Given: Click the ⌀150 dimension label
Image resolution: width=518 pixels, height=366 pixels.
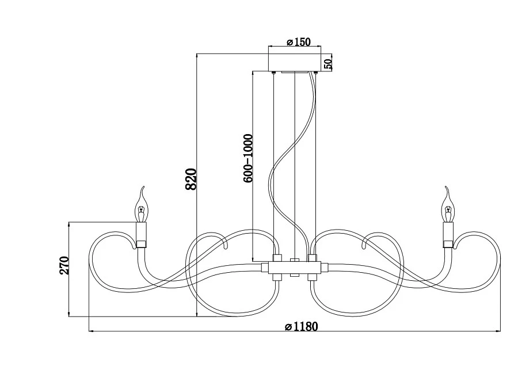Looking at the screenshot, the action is click(x=298, y=42).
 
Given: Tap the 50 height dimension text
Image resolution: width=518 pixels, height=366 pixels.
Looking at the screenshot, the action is click(x=327, y=63).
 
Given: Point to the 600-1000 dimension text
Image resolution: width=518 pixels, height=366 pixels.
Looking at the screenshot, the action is click(x=248, y=158).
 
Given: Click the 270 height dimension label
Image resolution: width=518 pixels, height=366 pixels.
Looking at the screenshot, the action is click(x=64, y=265).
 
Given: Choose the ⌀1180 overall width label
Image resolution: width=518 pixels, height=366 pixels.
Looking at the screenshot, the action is click(x=301, y=326).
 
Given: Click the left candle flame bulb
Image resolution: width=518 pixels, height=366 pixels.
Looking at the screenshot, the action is click(x=142, y=205).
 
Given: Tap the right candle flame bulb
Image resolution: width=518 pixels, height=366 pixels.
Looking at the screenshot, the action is click(x=448, y=205).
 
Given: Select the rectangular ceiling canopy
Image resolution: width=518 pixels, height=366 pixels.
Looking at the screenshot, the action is click(x=294, y=62).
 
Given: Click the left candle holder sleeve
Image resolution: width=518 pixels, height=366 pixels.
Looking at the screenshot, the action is click(x=142, y=232).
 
